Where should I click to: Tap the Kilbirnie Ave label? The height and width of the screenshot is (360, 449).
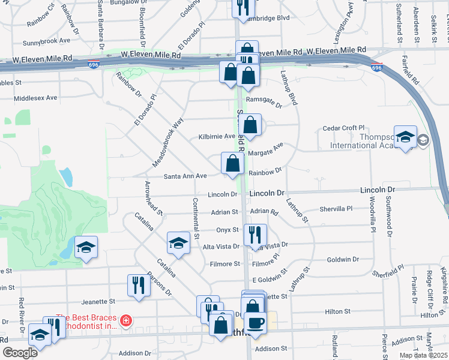217,136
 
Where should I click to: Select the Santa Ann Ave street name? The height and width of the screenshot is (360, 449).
185,176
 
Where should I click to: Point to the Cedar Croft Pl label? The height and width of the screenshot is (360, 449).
344,128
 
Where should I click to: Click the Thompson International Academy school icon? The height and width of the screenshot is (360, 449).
406,137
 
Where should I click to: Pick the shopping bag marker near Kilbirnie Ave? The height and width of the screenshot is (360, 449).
252,125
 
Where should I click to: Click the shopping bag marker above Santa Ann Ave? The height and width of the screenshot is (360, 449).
232,163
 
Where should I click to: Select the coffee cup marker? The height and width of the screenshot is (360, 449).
256,323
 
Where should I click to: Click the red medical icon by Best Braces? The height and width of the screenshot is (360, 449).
126,320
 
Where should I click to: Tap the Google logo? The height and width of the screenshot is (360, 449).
19,352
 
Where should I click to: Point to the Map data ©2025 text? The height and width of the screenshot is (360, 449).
423,355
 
